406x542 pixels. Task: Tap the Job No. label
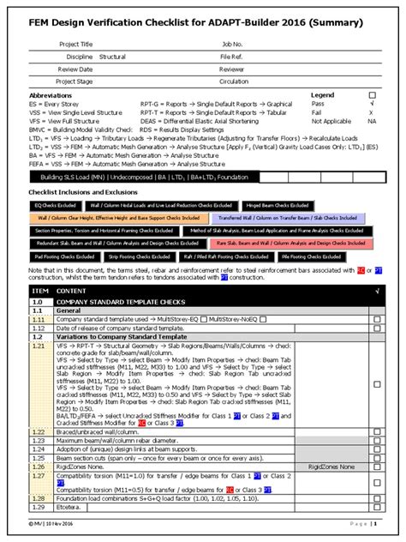[x=232, y=41]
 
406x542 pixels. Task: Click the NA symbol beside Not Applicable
[x=372, y=121]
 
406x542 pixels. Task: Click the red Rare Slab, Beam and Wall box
[x=288, y=244]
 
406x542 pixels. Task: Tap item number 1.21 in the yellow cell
[x=39, y=345]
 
